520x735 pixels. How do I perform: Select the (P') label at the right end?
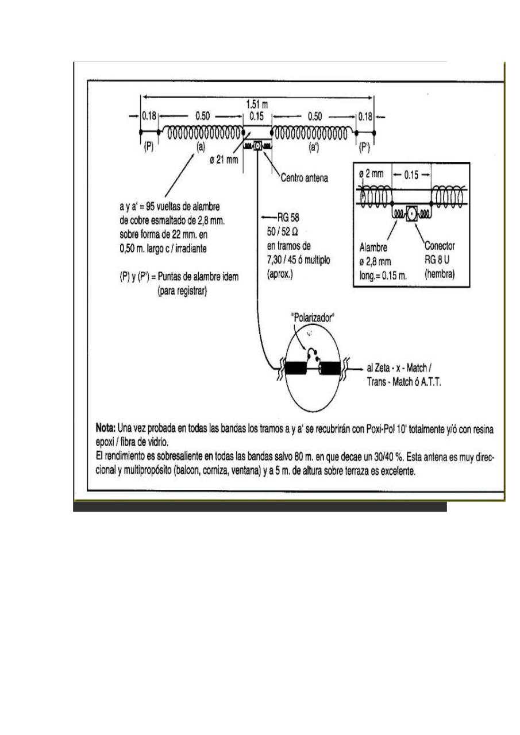365,147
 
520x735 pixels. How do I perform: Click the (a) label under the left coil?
200,147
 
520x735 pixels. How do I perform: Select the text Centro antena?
305,179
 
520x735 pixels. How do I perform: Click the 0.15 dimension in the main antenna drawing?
257,115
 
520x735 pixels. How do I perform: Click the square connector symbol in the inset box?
411,214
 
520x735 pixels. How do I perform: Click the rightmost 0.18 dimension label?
364,115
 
